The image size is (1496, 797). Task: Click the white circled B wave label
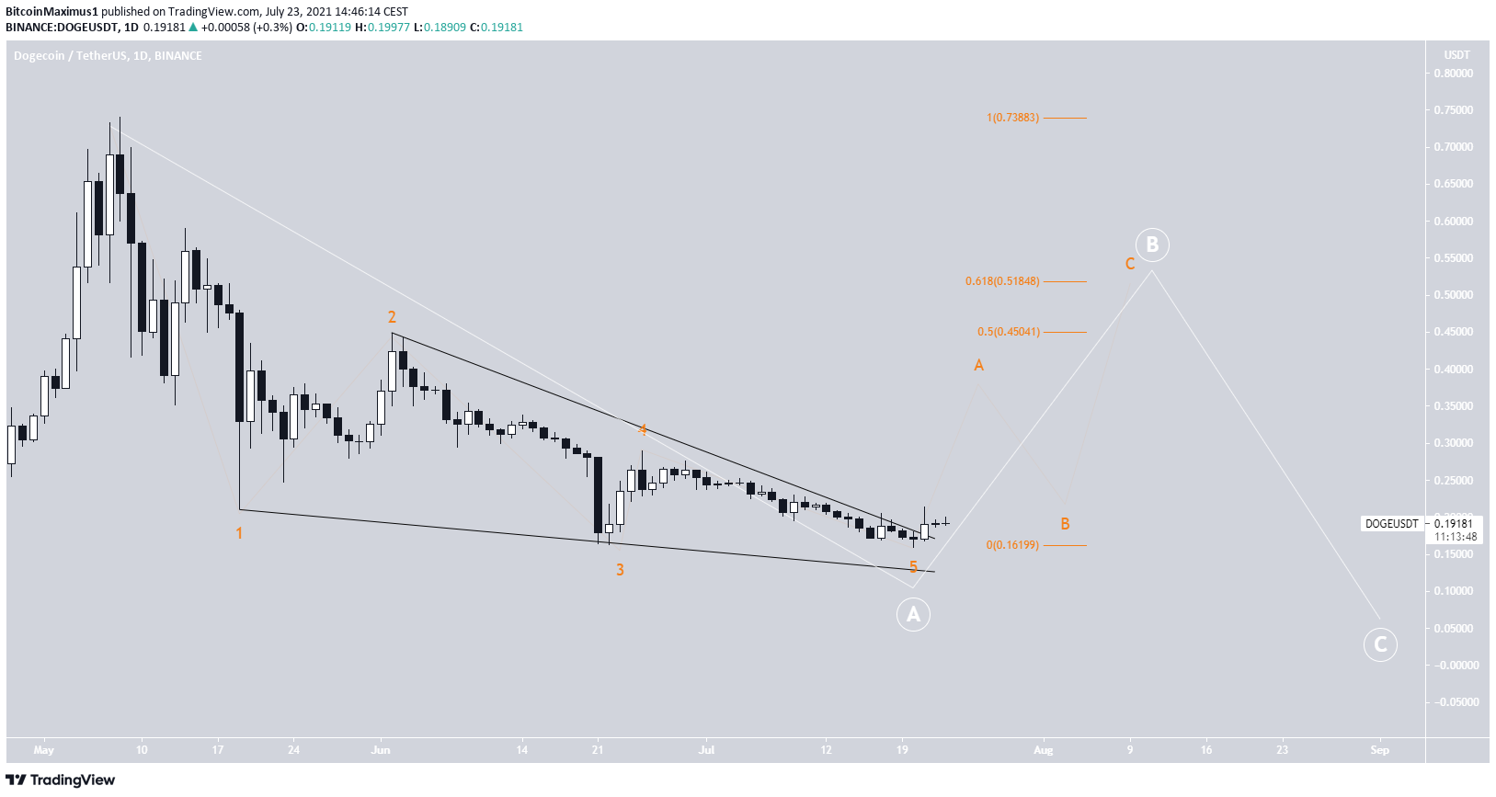pyautogui.click(x=1151, y=245)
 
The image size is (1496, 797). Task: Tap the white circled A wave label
pyautogui.click(x=913, y=614)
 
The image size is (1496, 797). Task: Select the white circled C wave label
pyautogui.click(x=1379, y=644)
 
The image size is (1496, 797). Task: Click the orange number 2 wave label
pyautogui.click(x=392, y=317)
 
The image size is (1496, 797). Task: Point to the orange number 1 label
pyautogui.click(x=239, y=533)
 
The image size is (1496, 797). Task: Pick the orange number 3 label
pyautogui.click(x=620, y=570)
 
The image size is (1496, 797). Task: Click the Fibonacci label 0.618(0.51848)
pyautogui.click(x=1002, y=281)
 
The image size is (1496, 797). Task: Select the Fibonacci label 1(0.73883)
pyautogui.click(x=1012, y=118)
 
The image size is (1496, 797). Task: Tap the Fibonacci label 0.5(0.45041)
pyautogui.click(x=1008, y=332)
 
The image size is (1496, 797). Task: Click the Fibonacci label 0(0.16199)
pyautogui.click(x=1012, y=545)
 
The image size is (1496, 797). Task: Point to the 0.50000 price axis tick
pyautogui.click(x=1454, y=295)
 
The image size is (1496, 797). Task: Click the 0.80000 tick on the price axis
pyautogui.click(x=1454, y=74)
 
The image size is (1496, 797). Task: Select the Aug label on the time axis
pyautogui.click(x=1043, y=750)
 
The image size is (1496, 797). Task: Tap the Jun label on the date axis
pyautogui.click(x=381, y=750)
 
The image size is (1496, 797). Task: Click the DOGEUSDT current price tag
pyautogui.click(x=1391, y=524)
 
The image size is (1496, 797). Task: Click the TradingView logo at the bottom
pyautogui.click(x=61, y=780)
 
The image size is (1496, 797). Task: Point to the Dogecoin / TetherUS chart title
pyautogui.click(x=108, y=56)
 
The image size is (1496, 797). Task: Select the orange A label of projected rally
pyautogui.click(x=978, y=366)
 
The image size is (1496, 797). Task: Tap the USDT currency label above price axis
pyautogui.click(x=1456, y=55)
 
